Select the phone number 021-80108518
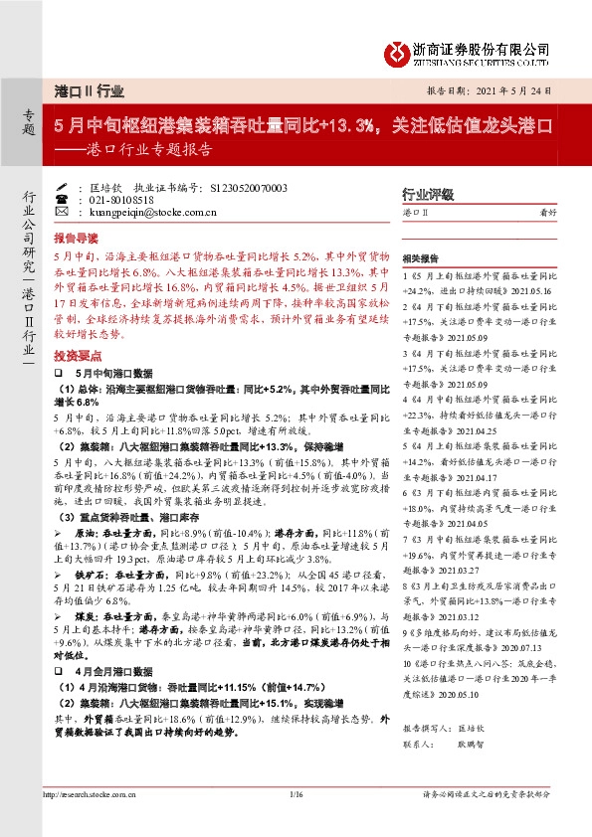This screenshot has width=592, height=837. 121,199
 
